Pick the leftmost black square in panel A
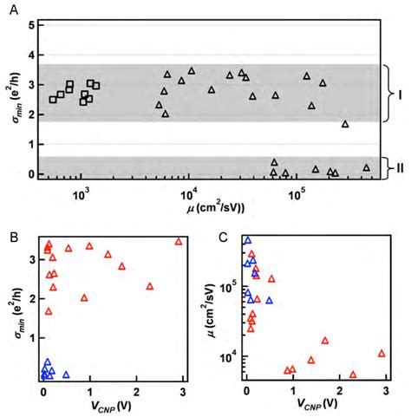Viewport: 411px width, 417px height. [x=54, y=99]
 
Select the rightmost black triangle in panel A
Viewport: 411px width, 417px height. [x=366, y=167]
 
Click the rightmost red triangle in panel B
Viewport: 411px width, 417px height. [x=179, y=241]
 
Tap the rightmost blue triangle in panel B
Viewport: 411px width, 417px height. [x=66, y=375]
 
